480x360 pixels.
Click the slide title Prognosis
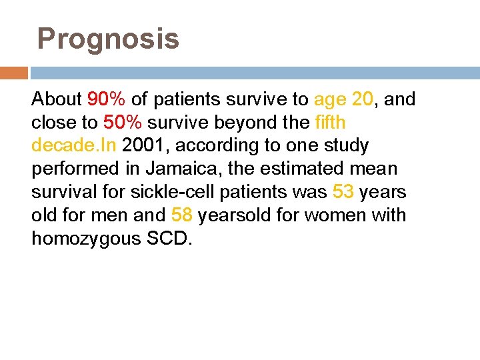coord(108,39)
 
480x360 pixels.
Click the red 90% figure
coord(107,100)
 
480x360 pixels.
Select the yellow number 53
coord(343,193)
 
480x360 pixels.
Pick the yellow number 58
coord(183,215)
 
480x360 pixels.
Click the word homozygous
coord(85,239)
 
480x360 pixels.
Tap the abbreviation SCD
coord(168,239)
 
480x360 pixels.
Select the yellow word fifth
coord(330,123)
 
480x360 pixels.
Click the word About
coord(56,100)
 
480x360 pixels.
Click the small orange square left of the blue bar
coord(14,73)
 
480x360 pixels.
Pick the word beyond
coord(243,123)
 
